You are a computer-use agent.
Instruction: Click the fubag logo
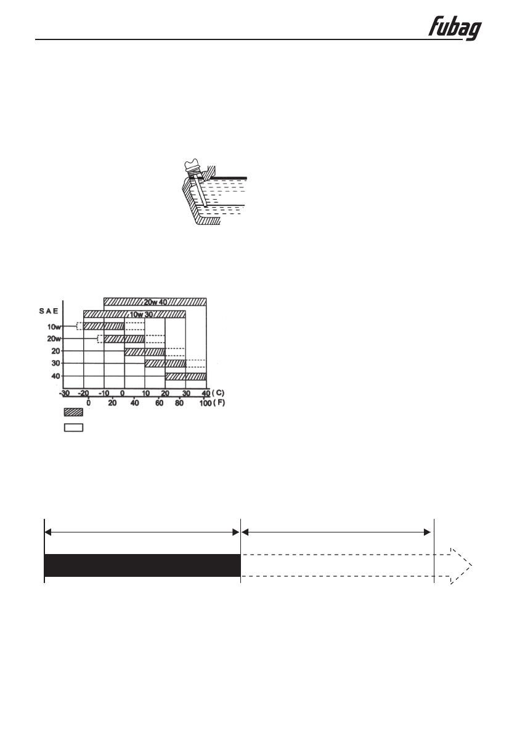pos(455,29)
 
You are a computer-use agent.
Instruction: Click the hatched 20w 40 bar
pos(155,302)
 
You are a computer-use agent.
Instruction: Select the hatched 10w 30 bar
pos(134,314)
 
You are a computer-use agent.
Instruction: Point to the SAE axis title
pos(49,311)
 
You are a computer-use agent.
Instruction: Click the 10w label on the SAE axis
pos(54,327)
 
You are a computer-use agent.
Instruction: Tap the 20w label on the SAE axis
pos(54,339)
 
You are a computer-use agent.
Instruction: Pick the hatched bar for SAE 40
pos(185,377)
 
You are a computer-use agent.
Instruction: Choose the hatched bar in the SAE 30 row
pos(165,363)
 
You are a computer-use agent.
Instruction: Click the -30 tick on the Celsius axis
pos(65,393)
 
